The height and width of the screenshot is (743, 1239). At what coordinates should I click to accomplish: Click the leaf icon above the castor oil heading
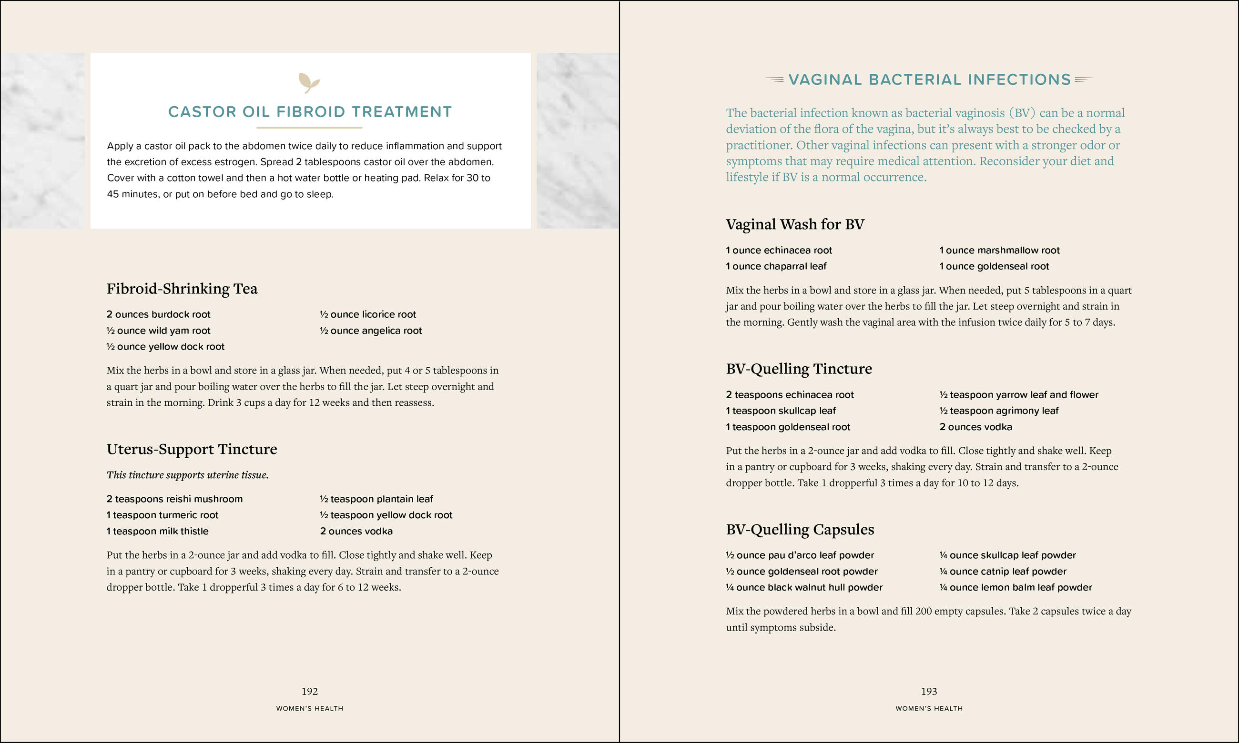[x=309, y=82]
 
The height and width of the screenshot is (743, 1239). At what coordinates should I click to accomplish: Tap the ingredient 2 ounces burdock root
[x=158, y=314]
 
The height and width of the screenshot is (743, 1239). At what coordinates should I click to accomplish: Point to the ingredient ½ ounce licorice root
[x=368, y=314]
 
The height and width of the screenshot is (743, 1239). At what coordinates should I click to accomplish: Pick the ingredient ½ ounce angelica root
[x=371, y=331]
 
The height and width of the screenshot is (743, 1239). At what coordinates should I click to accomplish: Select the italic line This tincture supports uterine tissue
[x=187, y=475]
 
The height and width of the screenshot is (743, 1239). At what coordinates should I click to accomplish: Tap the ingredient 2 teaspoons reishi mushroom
[x=174, y=499]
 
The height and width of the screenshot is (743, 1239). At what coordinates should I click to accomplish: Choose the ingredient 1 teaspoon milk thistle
[x=157, y=531]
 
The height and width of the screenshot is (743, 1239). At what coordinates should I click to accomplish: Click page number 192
[x=309, y=692]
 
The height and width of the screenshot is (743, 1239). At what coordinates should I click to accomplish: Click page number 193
[x=929, y=692]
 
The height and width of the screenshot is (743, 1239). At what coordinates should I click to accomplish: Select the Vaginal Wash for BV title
[x=795, y=224]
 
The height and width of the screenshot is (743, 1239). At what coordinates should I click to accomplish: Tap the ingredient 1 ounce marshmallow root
[x=1000, y=251]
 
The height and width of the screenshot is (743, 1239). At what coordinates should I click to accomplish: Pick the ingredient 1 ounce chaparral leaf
[x=776, y=266]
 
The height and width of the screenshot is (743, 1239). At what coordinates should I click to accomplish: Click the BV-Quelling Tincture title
[x=799, y=369]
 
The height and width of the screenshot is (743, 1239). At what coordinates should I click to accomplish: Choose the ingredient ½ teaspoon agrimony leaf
[x=999, y=411]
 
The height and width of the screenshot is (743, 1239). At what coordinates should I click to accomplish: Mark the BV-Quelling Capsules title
[x=800, y=530]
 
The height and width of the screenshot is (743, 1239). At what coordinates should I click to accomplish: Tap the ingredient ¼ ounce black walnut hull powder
[x=804, y=587]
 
